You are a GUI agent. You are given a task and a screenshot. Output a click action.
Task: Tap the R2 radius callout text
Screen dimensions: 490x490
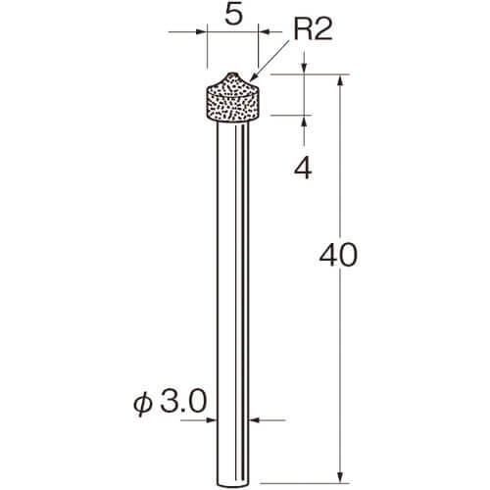[x=313, y=29]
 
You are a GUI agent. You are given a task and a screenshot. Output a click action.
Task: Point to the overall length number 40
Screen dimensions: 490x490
[x=338, y=255]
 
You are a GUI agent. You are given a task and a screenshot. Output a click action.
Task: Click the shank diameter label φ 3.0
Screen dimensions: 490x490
[x=170, y=402]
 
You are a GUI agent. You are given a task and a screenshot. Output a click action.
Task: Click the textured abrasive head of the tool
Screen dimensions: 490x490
[x=233, y=97]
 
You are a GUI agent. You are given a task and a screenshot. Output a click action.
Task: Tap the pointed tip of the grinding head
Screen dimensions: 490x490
[x=232, y=73]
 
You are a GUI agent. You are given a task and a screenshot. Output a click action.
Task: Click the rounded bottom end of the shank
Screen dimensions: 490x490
[x=233, y=485]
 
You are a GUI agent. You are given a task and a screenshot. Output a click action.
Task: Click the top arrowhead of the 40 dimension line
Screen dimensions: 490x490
[x=340, y=80]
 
